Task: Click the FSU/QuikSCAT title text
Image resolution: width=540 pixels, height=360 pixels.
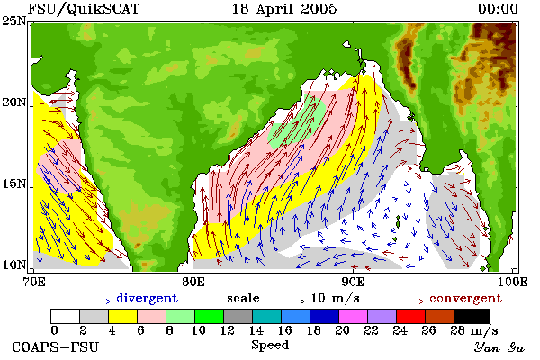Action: click(84, 9)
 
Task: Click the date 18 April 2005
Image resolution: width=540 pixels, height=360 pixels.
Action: click(284, 9)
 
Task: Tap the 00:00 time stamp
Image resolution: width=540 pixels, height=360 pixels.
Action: click(498, 9)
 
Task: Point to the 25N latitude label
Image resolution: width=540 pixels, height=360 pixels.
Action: click(13, 21)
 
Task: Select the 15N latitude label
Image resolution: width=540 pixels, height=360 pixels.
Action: click(13, 184)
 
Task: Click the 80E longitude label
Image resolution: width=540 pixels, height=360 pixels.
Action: click(193, 282)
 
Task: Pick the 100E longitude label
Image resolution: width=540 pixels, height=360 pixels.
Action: click(513, 282)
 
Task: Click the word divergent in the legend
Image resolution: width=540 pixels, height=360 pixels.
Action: click(147, 298)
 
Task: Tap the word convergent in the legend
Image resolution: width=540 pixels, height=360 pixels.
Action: click(465, 298)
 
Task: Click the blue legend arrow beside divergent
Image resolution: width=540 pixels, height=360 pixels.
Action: click(91, 301)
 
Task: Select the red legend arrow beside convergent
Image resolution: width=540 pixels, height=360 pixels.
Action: click(403, 301)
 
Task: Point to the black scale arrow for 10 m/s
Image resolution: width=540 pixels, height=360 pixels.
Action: click(284, 301)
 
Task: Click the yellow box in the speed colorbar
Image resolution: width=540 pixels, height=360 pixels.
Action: click(122, 316)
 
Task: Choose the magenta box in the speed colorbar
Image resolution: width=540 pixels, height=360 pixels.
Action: click(353, 316)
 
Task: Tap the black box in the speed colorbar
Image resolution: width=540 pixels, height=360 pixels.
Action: click(472, 316)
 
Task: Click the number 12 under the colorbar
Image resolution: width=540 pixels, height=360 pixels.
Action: click(228, 330)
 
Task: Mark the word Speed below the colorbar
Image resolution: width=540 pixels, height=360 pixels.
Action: click(270, 346)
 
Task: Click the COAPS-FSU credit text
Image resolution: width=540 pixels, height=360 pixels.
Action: click(56, 346)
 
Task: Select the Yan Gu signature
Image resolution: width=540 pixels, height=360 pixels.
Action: click(499, 347)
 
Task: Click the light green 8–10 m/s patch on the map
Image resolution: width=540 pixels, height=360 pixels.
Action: click(297, 125)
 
